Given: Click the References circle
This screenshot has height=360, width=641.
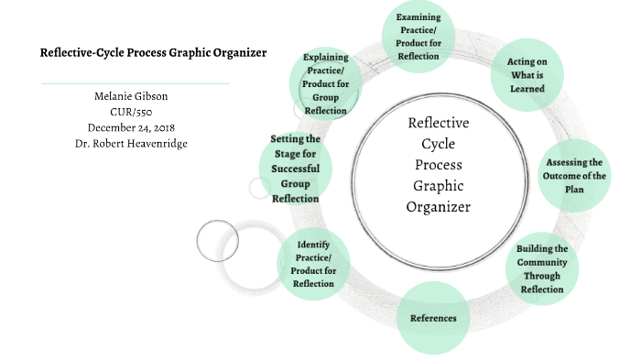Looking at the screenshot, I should [433, 318].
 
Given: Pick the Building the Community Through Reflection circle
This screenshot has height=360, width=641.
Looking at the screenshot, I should [541, 268].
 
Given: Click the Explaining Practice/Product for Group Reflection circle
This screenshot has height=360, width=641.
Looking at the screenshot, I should [325, 84].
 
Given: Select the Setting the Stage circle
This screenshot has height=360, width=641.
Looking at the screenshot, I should [295, 169].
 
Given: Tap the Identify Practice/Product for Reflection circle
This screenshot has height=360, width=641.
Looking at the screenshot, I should [313, 263].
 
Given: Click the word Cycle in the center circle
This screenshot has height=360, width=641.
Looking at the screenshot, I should [438, 144].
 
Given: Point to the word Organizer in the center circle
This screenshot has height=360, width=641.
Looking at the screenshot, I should [438, 207].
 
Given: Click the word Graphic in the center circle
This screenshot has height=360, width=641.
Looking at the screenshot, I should [438, 186].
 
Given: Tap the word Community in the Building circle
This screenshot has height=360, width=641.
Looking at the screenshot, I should [541, 262].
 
